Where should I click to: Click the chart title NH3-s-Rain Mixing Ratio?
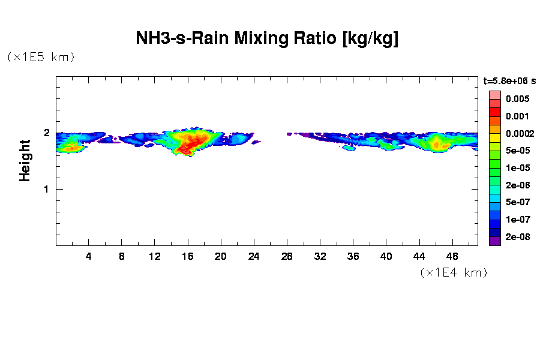click(267, 39)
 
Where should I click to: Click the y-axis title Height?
click(25, 160)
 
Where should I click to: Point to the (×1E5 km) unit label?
click(41, 57)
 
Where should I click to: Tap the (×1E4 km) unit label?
click(454, 272)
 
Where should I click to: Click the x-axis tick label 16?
click(188, 256)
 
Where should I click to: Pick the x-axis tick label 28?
click(287, 256)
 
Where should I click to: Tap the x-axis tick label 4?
click(89, 256)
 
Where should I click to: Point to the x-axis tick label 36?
click(353, 256)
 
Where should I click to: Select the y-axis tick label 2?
click(46, 133)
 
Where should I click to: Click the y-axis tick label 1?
click(46, 190)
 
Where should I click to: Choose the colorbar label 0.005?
click(517, 99)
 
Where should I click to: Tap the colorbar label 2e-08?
click(517, 237)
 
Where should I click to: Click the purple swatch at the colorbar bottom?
click(494, 241)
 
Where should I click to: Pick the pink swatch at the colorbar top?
click(494, 95)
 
